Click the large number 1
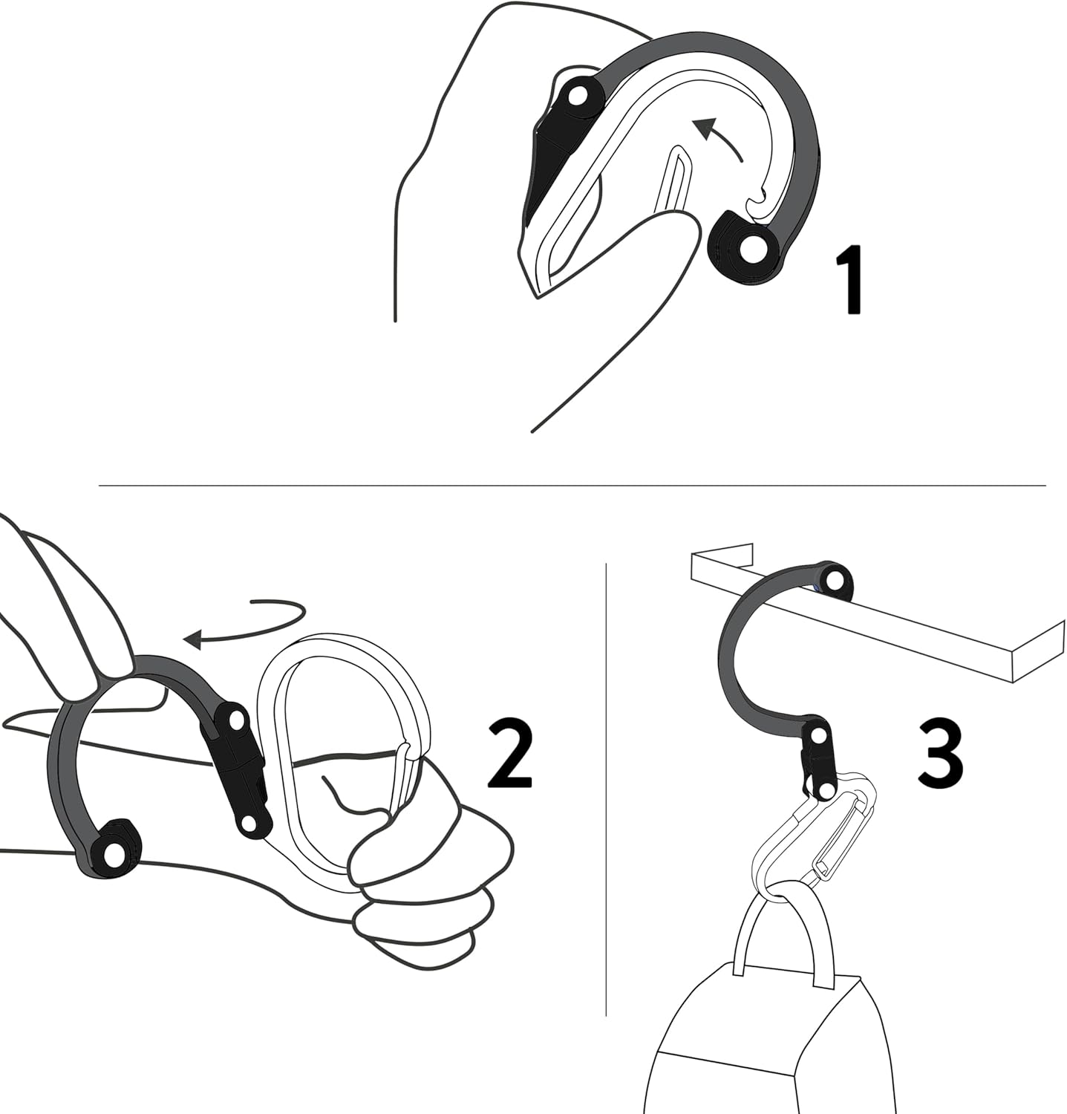(851, 281)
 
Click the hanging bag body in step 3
(765, 1055)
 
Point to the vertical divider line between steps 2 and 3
(606, 787)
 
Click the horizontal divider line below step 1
(572, 486)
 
